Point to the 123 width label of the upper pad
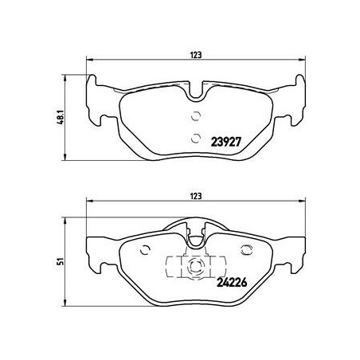[x=195, y=54]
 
